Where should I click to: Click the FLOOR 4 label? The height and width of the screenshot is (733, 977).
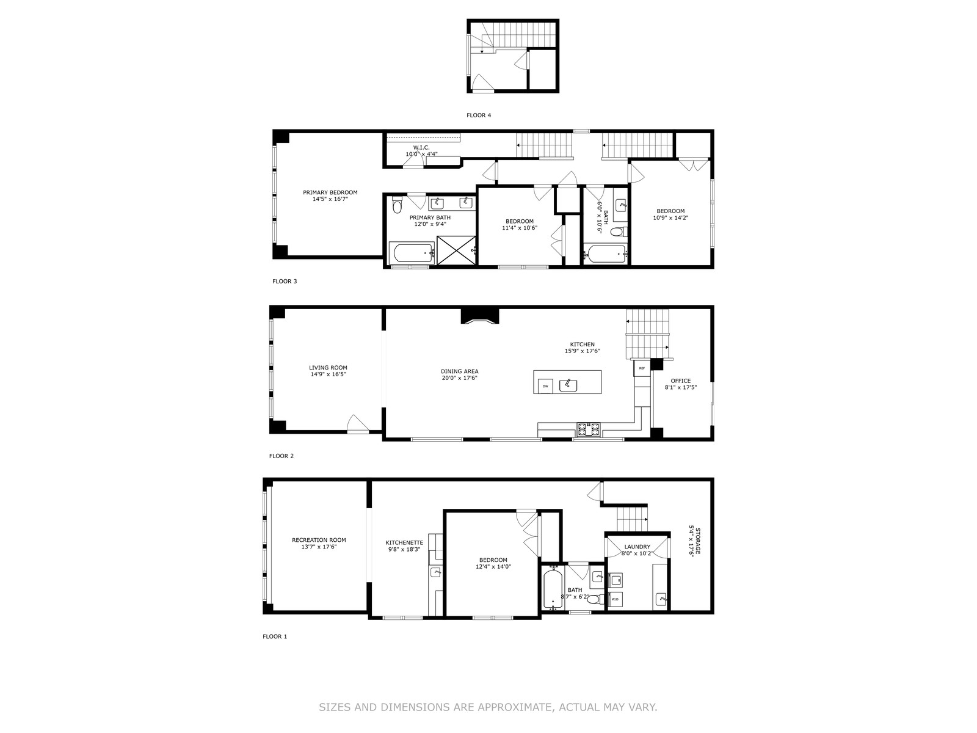click(479, 115)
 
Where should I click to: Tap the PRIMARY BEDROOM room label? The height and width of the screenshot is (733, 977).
click(330, 192)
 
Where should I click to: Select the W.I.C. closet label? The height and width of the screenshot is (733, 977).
click(421, 148)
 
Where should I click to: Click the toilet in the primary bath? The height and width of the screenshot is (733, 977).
click(397, 206)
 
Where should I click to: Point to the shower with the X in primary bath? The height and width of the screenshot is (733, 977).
click(456, 250)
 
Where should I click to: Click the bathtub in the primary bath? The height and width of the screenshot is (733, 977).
click(412, 253)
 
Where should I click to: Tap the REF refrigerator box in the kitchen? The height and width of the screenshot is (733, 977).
click(641, 368)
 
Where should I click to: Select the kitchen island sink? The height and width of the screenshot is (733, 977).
click(568, 385)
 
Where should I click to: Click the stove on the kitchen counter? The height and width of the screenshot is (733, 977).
click(589, 429)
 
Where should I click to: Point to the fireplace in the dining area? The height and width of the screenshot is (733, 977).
click(479, 316)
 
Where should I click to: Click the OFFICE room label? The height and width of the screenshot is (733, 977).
click(681, 381)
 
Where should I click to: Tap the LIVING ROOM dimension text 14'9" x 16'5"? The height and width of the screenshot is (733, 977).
click(328, 374)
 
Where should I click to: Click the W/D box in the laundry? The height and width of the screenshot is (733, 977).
click(615, 599)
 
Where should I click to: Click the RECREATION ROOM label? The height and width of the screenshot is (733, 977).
click(319, 540)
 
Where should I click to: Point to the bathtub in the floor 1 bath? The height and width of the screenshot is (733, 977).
click(553, 589)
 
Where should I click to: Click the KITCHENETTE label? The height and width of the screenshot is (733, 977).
click(404, 542)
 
